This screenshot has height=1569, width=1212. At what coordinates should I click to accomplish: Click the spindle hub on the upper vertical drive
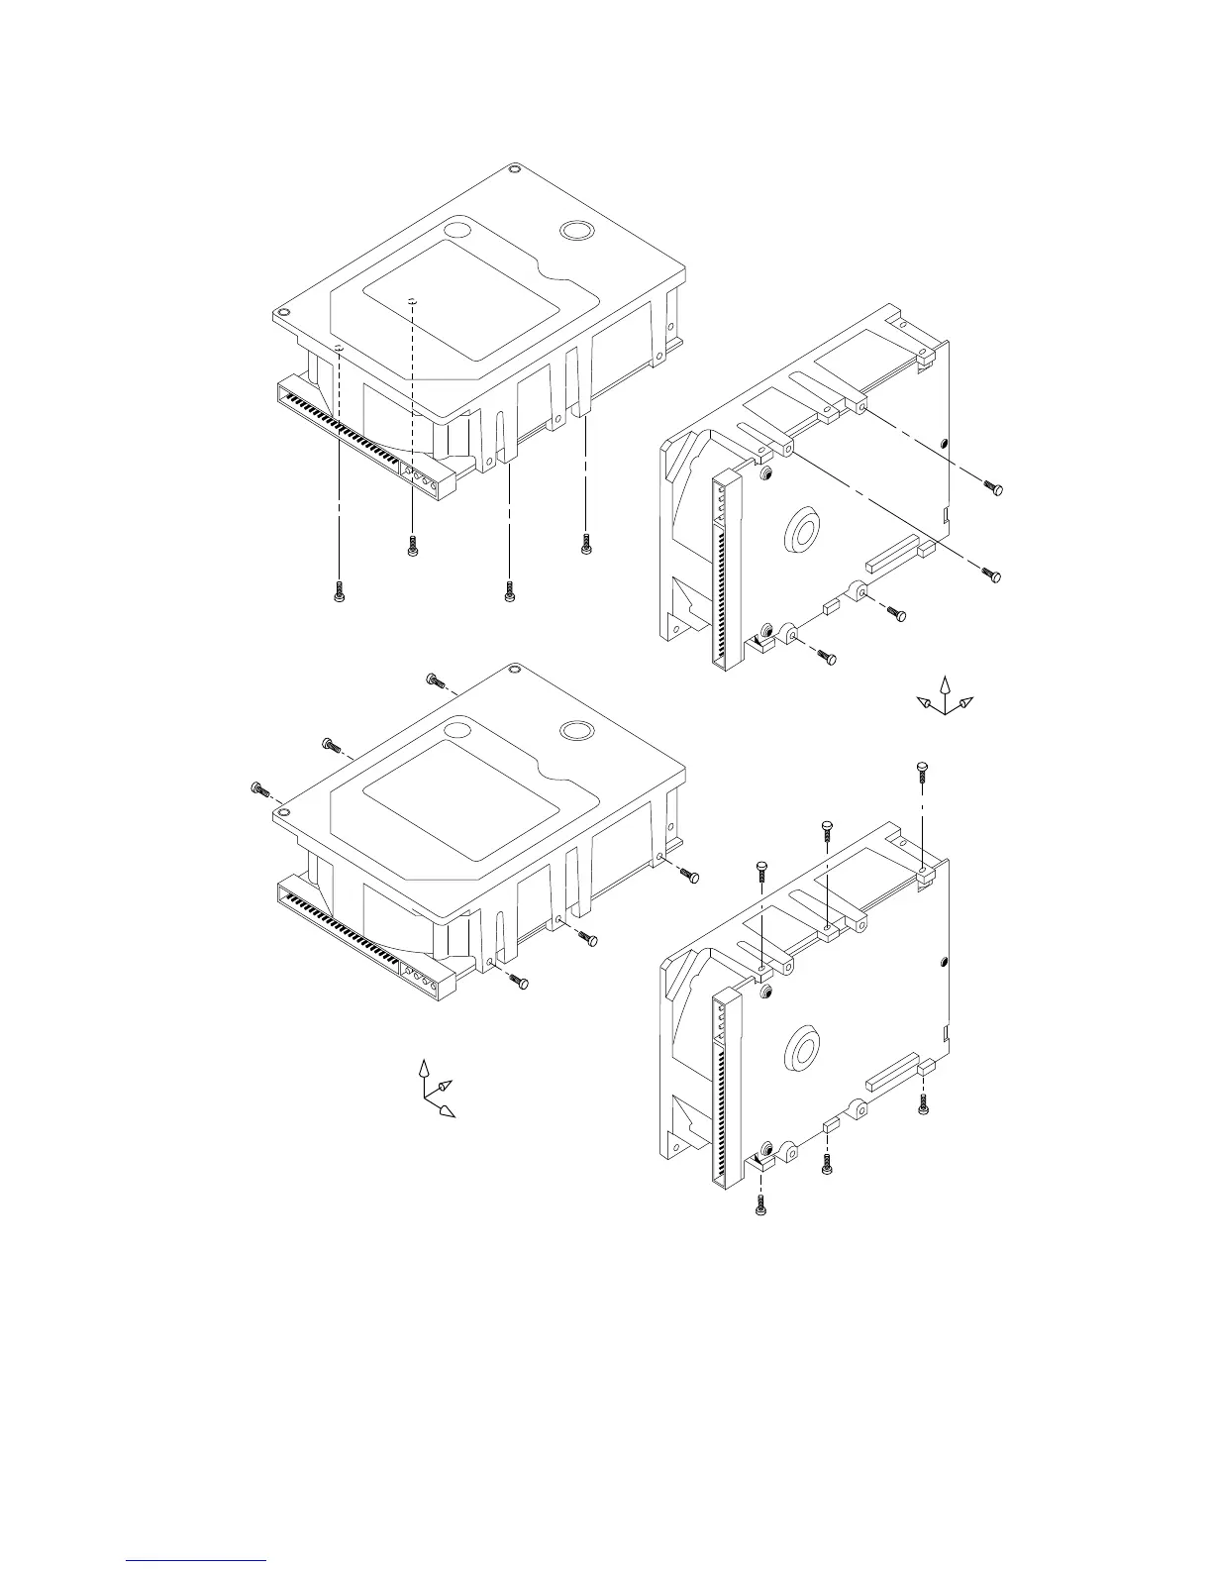(x=802, y=532)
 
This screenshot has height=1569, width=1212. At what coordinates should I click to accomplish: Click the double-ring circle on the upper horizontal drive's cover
(x=576, y=230)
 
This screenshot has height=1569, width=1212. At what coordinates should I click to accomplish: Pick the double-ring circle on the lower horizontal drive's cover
(x=576, y=731)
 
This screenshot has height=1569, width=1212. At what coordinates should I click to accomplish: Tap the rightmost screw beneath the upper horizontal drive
(x=586, y=543)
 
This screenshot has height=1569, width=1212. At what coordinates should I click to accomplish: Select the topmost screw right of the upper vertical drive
(x=993, y=485)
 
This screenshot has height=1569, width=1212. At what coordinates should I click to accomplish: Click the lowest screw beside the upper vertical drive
(x=828, y=657)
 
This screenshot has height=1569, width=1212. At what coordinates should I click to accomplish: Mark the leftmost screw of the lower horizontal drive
(x=259, y=788)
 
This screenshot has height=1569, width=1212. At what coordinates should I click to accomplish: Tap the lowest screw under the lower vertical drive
(x=760, y=1206)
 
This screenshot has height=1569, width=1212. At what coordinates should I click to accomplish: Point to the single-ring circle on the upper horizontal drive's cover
(x=457, y=230)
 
